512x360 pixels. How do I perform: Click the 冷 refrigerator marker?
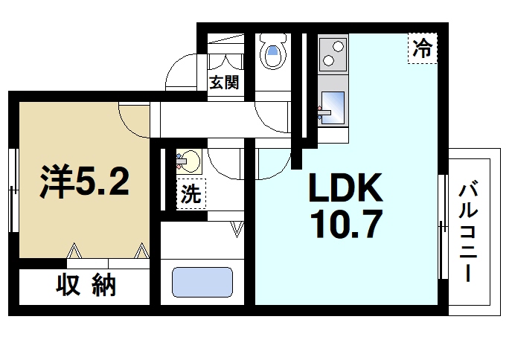point(422,50)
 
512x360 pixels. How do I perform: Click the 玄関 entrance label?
point(223,83)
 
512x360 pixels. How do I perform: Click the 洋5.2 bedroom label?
point(85,180)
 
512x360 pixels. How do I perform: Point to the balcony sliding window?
point(444,227)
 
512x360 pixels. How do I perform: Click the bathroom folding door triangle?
point(237,229)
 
